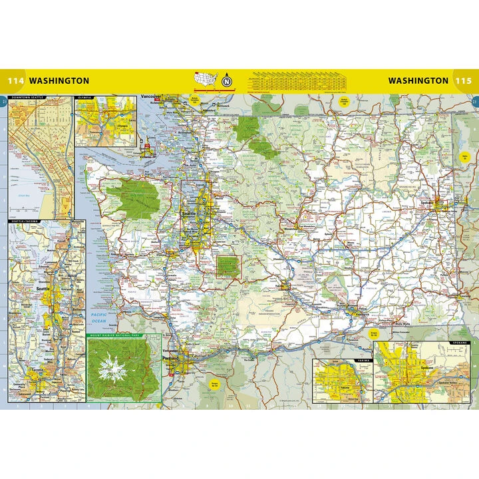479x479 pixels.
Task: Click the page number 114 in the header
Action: point(15,81)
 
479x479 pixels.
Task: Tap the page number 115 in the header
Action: point(463,81)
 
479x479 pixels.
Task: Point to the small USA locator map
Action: point(206,80)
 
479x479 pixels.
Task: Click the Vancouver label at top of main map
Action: point(151,98)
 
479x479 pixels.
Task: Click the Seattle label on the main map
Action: point(189,214)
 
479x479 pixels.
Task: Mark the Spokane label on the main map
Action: point(426,202)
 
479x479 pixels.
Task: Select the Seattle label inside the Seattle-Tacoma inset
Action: point(44,290)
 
